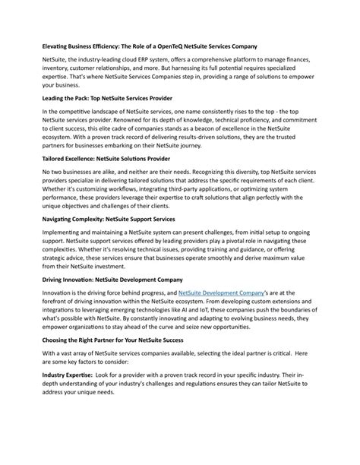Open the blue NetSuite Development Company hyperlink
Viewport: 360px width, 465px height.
coord(222,293)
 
